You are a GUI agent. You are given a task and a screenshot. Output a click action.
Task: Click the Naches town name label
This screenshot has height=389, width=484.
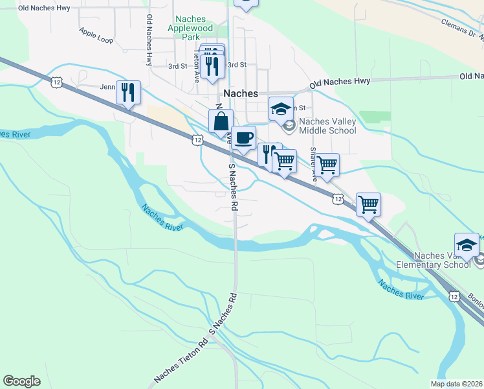coord(241,93)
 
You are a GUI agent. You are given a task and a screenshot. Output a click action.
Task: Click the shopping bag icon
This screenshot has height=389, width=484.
coord(221,121)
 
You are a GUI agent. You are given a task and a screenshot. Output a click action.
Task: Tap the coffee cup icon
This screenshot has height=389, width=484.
coord(243,137)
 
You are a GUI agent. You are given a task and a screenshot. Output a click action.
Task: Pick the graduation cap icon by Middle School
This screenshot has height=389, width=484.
coord(281,108)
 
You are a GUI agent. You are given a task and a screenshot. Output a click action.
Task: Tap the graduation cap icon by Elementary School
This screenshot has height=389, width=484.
coord(467,244)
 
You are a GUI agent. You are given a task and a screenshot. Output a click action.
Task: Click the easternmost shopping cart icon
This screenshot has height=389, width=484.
coord(368,204)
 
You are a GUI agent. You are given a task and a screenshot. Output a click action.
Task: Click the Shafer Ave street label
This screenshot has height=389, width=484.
coord(314,162)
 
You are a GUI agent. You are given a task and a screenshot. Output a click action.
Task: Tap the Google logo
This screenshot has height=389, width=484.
coord(21,381)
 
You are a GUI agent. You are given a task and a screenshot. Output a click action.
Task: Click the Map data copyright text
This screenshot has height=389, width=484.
coord(456,384)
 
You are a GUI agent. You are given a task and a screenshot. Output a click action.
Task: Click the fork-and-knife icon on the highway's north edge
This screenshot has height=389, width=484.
coord(128,92)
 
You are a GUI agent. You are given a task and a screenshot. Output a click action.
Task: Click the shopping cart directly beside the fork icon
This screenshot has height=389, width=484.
coord(284,160)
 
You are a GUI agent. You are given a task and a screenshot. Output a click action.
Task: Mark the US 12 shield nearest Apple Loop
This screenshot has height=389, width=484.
coord(56,81)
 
